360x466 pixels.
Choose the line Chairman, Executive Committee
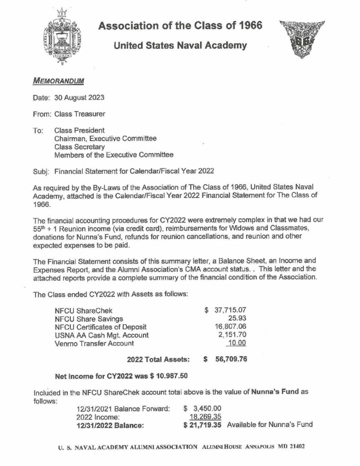point(106,139)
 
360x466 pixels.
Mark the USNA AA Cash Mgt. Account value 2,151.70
point(233,335)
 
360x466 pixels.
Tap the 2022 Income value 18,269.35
point(205,416)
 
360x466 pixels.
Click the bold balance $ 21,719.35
point(202,425)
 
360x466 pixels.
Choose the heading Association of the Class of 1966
point(180,26)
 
